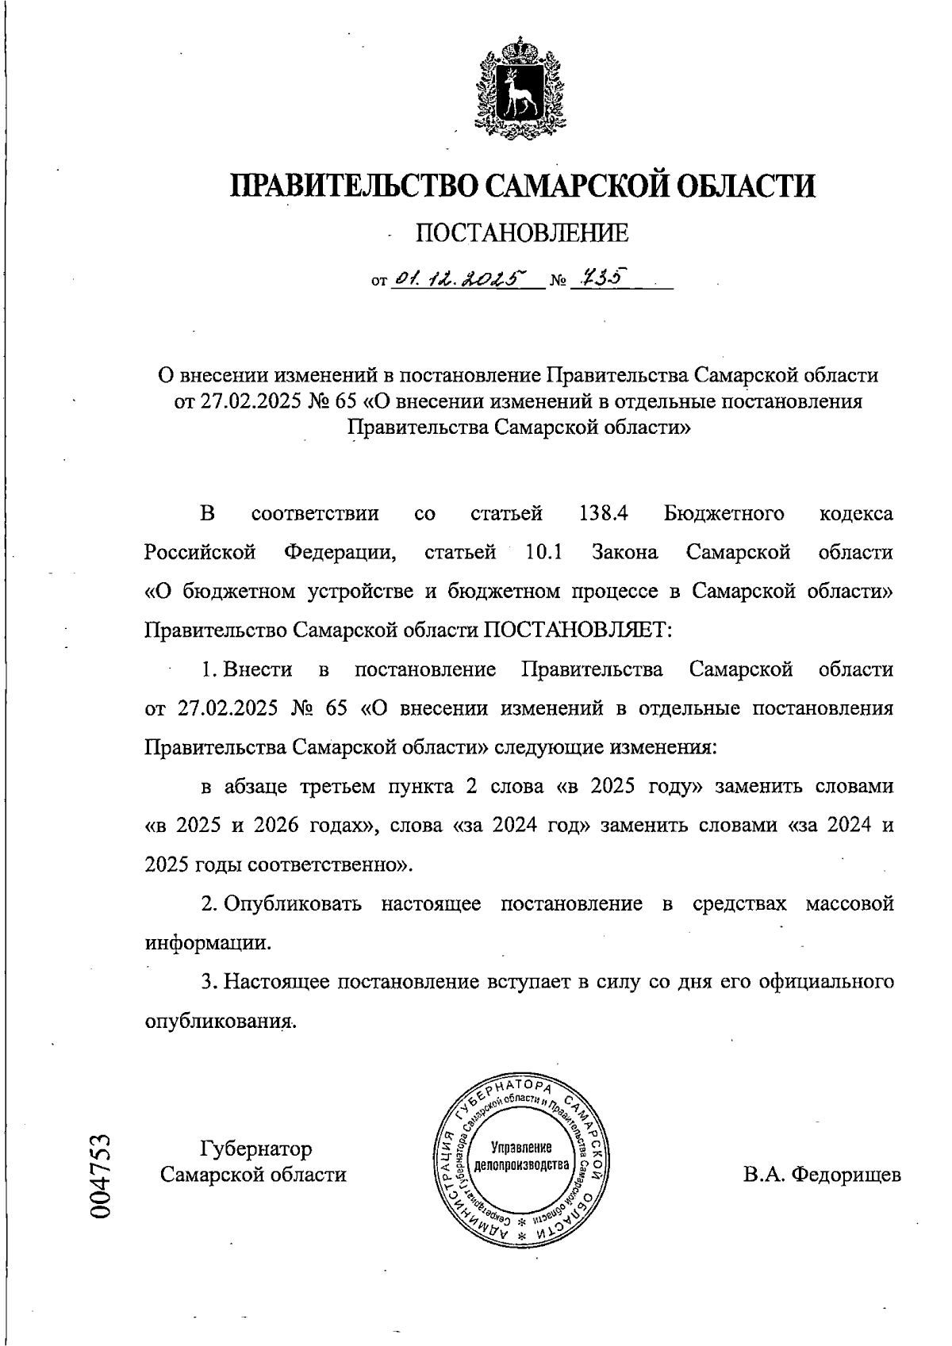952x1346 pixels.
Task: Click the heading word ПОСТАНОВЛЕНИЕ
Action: click(x=522, y=232)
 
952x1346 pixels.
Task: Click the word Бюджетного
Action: click(x=724, y=513)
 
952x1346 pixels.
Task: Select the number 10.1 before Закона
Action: click(x=544, y=552)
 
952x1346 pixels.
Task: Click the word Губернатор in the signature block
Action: click(x=255, y=1149)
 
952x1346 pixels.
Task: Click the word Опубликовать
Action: click(x=292, y=903)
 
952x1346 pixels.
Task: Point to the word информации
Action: click(x=208, y=943)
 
